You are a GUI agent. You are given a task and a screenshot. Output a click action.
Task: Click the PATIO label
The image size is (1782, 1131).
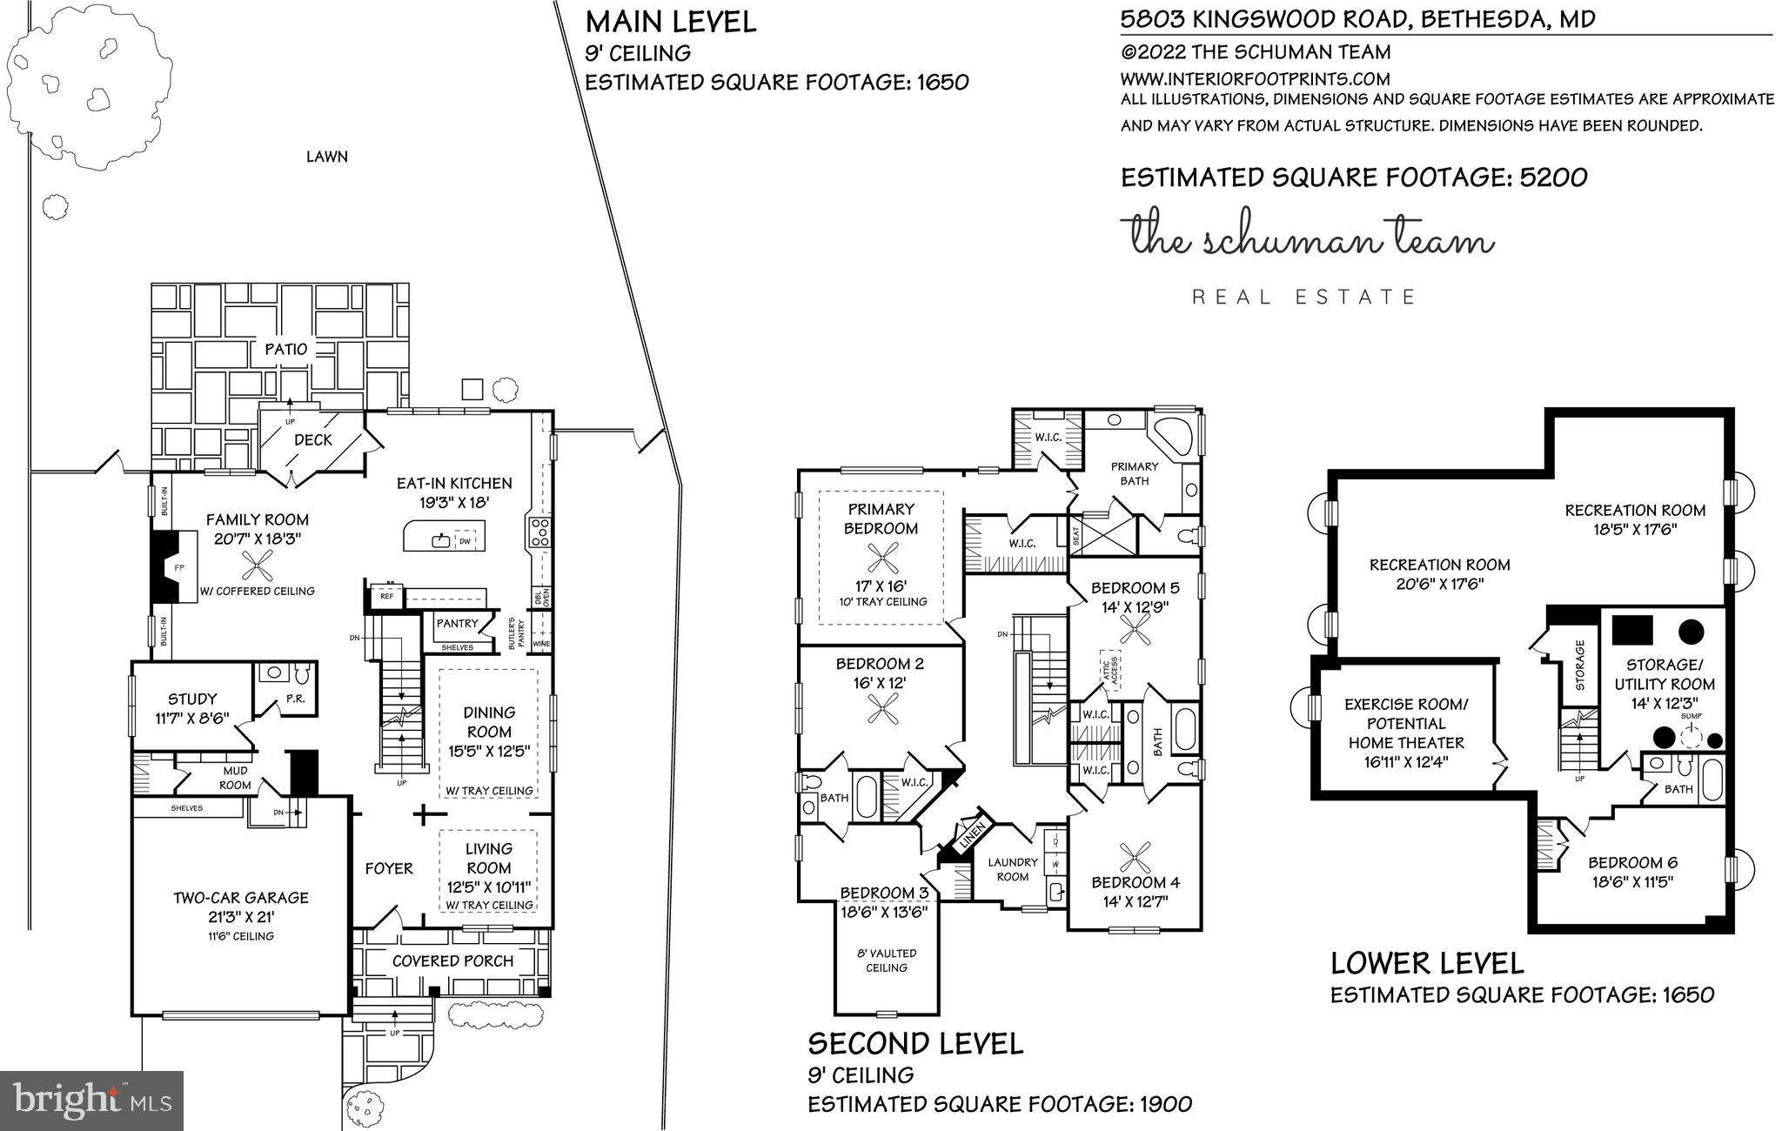(286, 349)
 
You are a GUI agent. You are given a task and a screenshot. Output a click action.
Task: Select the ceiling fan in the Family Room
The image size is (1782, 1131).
(257, 567)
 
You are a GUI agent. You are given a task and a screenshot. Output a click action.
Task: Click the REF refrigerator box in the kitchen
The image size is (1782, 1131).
(386, 597)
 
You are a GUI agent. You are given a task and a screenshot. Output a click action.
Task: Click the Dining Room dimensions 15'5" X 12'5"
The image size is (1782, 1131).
(488, 751)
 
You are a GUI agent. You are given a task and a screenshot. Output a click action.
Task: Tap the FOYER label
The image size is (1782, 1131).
(389, 868)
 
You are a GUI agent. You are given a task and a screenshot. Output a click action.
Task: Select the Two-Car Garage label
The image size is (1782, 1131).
(241, 898)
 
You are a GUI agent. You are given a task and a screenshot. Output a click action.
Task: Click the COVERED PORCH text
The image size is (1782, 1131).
(452, 960)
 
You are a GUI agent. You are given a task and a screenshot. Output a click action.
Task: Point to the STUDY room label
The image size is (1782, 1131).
(192, 699)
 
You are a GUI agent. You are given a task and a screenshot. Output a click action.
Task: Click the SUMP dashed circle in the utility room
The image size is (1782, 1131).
(1692, 738)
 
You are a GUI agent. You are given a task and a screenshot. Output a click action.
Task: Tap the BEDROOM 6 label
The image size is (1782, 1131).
(1632, 862)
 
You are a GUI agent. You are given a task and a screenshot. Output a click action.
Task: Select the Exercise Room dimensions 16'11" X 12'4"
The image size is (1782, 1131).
(1406, 762)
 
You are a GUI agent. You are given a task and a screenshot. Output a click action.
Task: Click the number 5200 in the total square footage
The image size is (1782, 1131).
(1553, 177)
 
